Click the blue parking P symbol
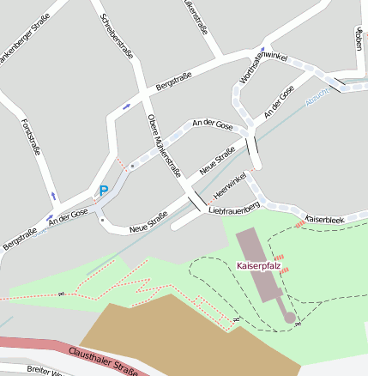click(104, 191)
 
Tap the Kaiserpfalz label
click(258, 267)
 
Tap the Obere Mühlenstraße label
click(165, 145)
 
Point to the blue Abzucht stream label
click(317, 100)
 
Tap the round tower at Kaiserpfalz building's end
click(290, 318)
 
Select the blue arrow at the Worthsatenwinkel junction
click(264, 48)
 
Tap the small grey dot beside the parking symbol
click(131, 168)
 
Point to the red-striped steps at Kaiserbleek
click(299, 222)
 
